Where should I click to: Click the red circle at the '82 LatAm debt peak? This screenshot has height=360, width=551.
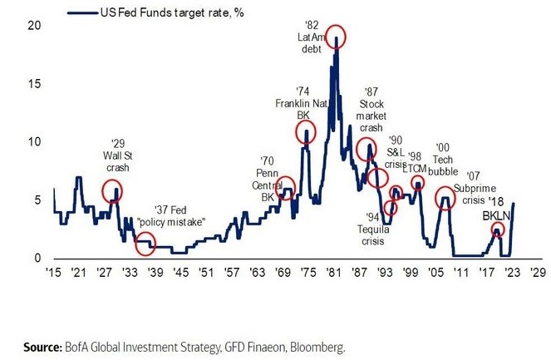click(x=336, y=37)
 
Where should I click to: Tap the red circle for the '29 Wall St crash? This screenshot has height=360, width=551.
click(x=111, y=192)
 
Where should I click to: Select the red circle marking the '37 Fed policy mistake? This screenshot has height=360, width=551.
click(x=145, y=244)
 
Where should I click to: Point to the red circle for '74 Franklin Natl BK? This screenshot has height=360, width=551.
click(x=307, y=133)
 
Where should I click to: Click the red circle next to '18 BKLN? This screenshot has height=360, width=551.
click(x=497, y=230)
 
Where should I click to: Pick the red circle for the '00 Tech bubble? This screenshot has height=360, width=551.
click(x=445, y=200)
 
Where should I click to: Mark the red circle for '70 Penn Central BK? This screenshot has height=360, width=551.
click(x=285, y=187)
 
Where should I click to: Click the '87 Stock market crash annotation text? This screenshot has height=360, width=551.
click(x=371, y=110)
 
